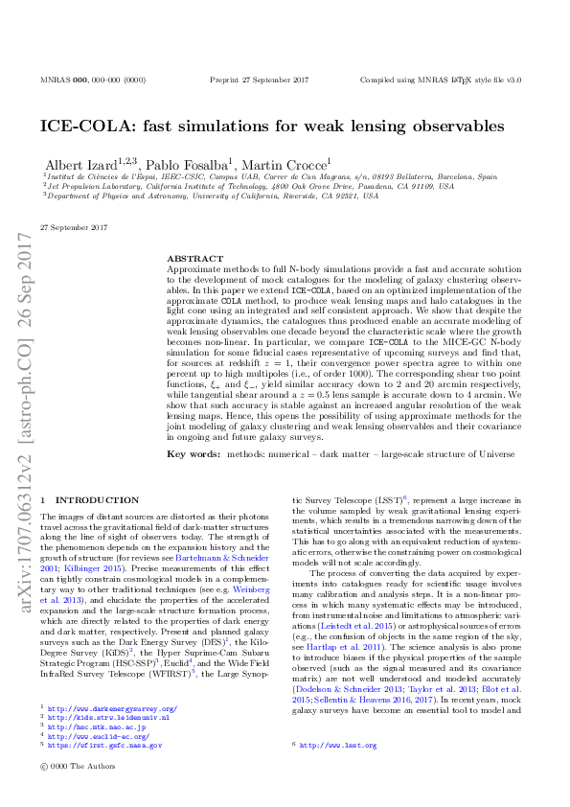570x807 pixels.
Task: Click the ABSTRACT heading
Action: click(188, 259)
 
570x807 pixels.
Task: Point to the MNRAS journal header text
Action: click(93, 81)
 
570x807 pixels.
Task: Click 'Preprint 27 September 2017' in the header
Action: click(262, 81)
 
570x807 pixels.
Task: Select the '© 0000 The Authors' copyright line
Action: click(73, 766)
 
